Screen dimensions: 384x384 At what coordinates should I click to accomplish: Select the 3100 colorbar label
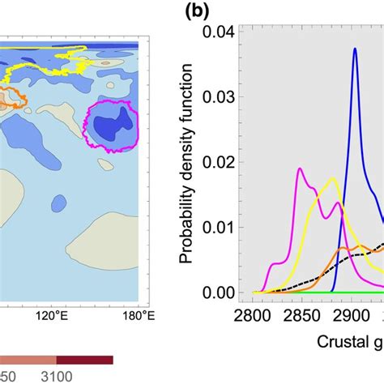coord(58,375)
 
